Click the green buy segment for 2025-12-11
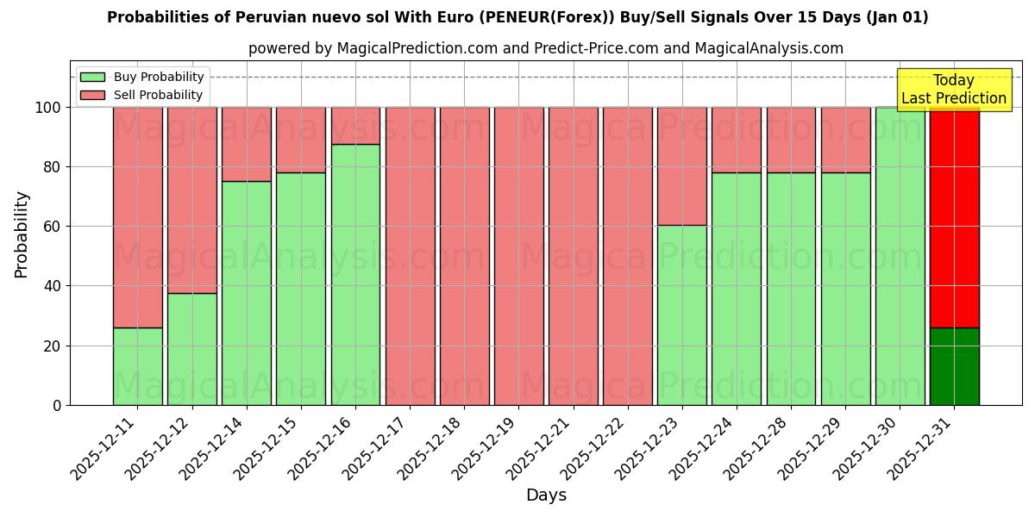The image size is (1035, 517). pyautogui.click(x=137, y=366)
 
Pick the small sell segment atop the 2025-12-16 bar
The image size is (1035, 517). pyautogui.click(x=355, y=126)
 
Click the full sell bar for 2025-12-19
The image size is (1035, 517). pyautogui.click(x=518, y=256)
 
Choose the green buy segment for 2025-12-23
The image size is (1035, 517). pyautogui.click(x=681, y=315)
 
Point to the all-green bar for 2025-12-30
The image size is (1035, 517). pyautogui.click(x=900, y=256)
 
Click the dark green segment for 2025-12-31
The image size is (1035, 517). pyautogui.click(x=954, y=366)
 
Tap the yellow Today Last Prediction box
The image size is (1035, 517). pyautogui.click(x=954, y=90)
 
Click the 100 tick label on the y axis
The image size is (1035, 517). pyautogui.click(x=48, y=108)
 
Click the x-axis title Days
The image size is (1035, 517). pyautogui.click(x=546, y=495)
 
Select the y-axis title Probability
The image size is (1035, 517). pyautogui.click(x=22, y=234)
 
